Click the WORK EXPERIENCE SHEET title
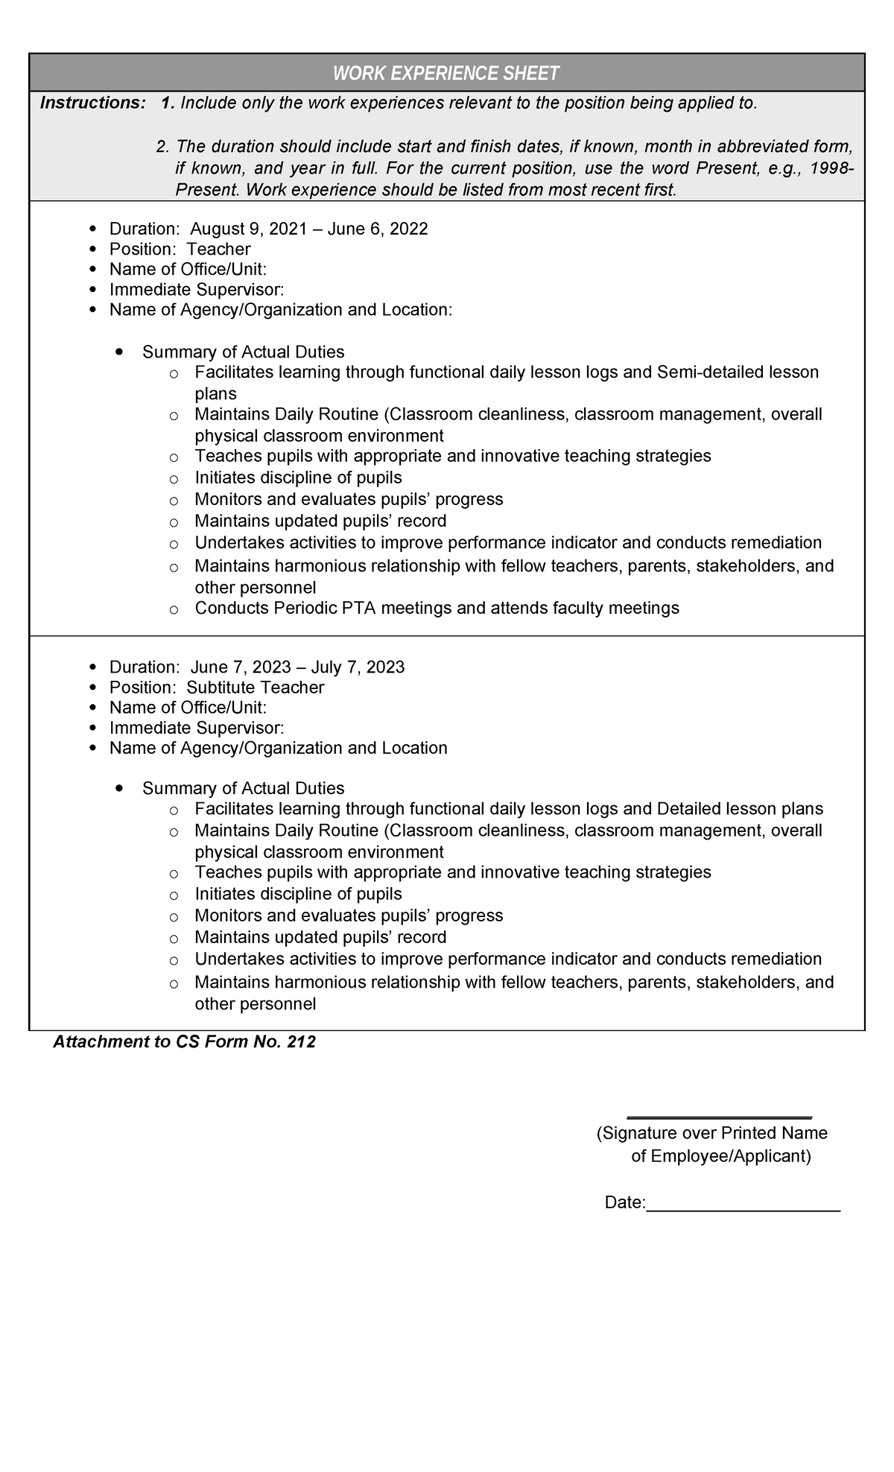pos(446,73)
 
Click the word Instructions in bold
pos(92,103)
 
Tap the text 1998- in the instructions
pos(832,168)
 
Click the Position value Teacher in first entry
pos(218,249)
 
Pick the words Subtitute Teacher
pos(255,688)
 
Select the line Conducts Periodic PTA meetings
pos(437,608)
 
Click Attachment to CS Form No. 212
pos(184,1041)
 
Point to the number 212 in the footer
pos(301,1041)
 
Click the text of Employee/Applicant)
pos(720,1156)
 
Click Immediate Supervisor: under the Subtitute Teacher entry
pos(197,727)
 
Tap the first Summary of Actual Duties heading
pos(243,352)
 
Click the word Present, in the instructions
pos(723,168)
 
